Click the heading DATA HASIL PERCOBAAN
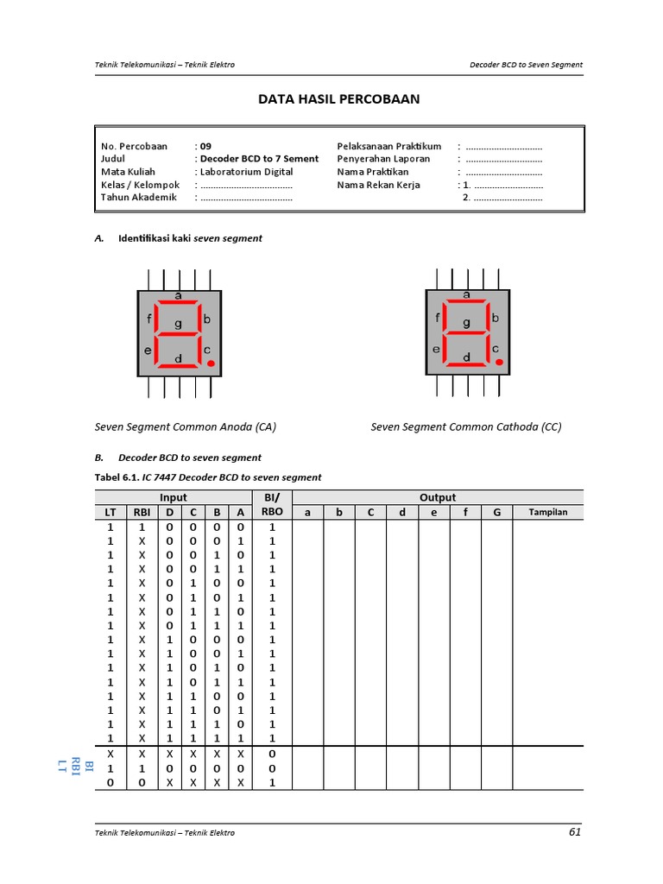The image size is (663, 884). coord(339,99)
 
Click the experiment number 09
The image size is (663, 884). coord(205,146)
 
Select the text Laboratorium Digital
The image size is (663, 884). coord(246,172)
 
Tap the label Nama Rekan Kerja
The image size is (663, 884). coord(379,185)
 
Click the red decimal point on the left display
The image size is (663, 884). coord(210,363)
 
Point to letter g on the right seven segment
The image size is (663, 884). coord(467,324)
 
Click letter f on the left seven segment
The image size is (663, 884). coord(149,318)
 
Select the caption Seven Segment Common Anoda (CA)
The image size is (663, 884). coord(185,426)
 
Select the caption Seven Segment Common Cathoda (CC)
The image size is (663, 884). coord(466,426)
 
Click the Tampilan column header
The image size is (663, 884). coord(547,512)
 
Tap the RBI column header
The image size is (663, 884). coord(142,512)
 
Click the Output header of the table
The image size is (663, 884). coord(438,497)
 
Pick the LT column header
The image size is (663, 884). coord(110,512)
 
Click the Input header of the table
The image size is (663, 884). coord(173,497)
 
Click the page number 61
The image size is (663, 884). coord(575,832)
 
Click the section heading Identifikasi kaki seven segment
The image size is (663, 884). coord(190,238)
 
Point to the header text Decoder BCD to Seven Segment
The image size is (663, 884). coord(526,65)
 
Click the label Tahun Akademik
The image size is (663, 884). coord(139,197)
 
